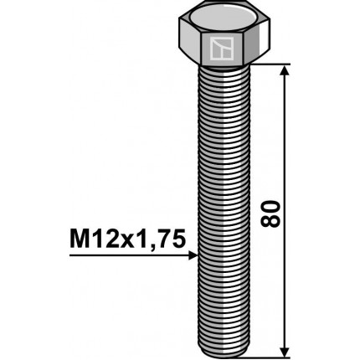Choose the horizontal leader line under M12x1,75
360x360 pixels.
pyautogui.click(x=126, y=257)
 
